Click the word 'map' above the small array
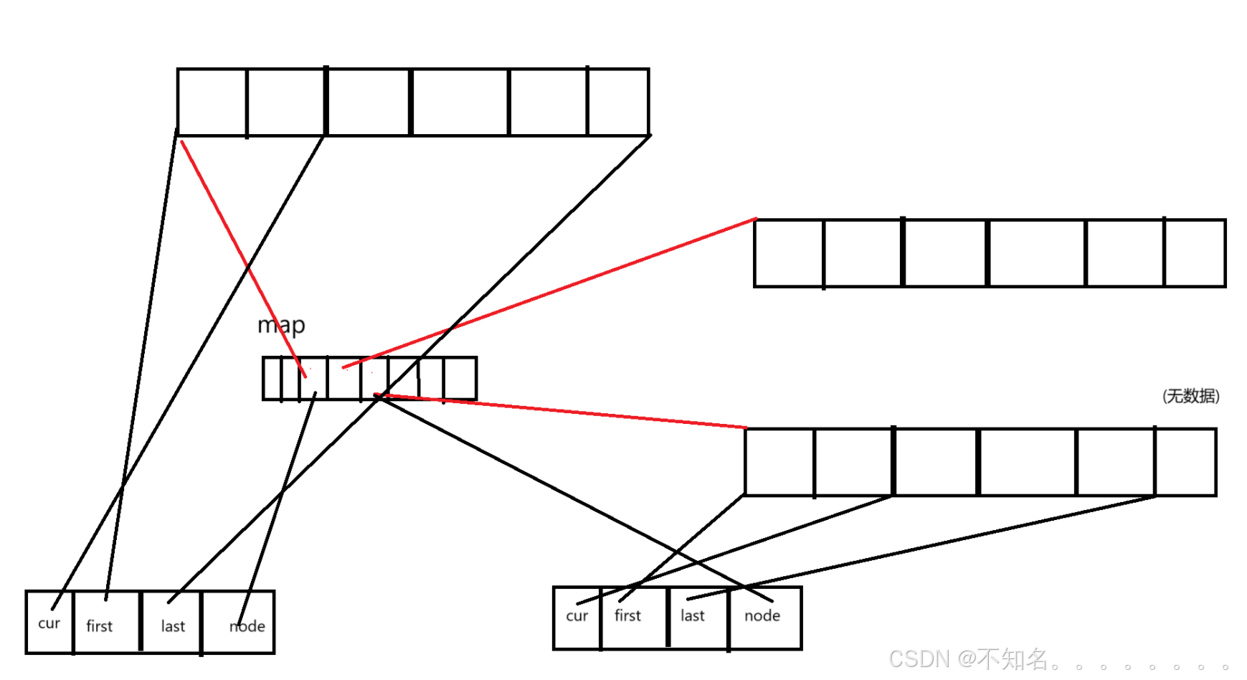(x=281, y=325)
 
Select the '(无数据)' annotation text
(x=1190, y=396)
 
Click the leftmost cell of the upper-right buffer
(x=789, y=253)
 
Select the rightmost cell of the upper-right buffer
(x=1195, y=253)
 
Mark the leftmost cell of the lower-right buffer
(x=779, y=462)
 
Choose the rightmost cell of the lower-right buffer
(x=1185, y=462)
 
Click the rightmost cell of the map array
(x=460, y=378)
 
